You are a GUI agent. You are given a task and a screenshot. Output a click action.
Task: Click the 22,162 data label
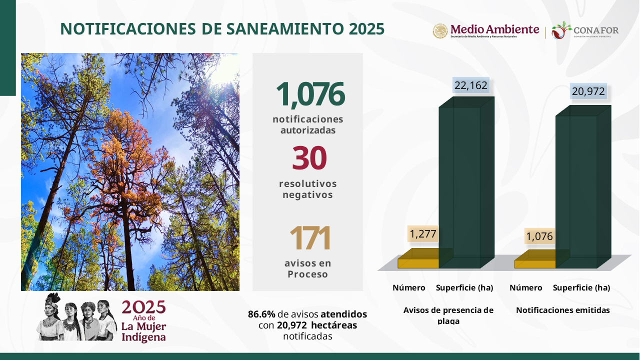[471, 85]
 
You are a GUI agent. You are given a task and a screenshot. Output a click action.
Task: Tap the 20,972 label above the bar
[588, 91]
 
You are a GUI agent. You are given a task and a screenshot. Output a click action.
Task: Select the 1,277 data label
[423, 234]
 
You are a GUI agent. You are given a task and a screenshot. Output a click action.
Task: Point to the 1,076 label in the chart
[539, 236]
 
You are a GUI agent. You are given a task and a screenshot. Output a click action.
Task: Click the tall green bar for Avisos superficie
[466, 183]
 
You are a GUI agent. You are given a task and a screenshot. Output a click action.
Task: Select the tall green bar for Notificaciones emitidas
[583, 187]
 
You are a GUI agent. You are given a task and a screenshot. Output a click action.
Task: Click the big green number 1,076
[310, 94]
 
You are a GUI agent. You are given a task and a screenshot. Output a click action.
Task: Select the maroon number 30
[309, 157]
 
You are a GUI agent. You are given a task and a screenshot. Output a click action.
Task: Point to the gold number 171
[309, 237]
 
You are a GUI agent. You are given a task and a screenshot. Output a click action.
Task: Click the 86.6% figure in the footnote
[261, 314]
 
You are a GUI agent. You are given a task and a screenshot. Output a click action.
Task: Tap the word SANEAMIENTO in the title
[285, 29]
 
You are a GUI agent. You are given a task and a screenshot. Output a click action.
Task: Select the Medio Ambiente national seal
[440, 31]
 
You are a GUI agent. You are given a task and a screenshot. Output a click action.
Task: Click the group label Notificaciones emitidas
[563, 310]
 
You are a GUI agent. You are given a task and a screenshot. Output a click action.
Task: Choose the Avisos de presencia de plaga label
[448, 315]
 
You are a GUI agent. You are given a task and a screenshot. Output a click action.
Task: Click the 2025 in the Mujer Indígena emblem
[143, 307]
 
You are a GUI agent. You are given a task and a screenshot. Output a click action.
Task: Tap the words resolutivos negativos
[308, 189]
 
